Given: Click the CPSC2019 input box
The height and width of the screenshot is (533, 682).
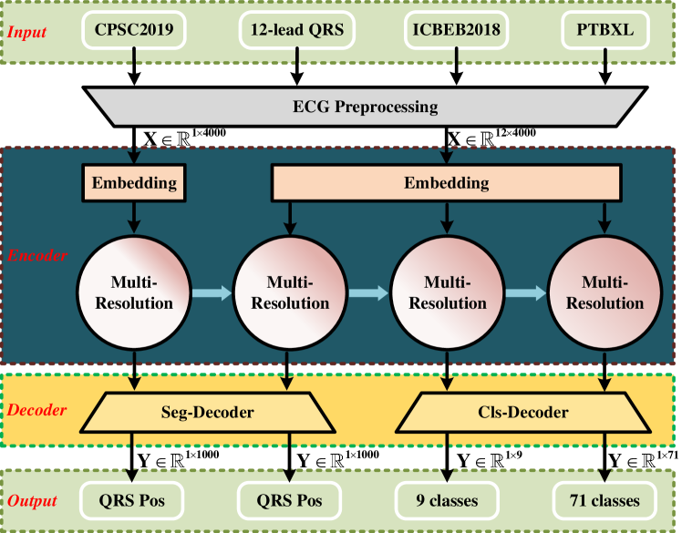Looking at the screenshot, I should [134, 30].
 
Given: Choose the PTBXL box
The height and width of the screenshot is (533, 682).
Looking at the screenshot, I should [604, 30].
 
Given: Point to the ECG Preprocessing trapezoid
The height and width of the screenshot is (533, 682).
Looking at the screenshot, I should [365, 107].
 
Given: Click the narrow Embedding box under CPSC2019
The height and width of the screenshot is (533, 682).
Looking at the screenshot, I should [134, 183].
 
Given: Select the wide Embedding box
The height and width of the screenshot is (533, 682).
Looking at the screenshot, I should [447, 183].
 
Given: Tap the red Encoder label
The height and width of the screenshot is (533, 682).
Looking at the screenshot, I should [37, 257].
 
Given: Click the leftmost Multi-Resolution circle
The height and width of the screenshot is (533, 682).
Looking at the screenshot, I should [134, 292].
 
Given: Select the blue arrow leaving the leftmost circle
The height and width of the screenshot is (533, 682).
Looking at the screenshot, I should [212, 292].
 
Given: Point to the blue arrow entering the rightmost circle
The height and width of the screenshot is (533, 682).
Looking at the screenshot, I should [525, 292].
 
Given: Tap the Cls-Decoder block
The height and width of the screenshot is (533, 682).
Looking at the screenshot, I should [525, 413].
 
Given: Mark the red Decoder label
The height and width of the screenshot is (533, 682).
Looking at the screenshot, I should [37, 410].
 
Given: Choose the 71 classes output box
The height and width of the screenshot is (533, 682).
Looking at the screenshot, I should [604, 500].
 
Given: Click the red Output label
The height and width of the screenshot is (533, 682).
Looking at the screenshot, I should [34, 501].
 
